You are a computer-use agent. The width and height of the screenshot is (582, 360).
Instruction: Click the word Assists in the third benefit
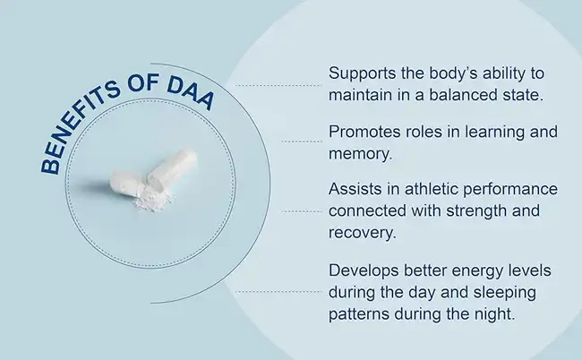pyautogui.click(x=355, y=191)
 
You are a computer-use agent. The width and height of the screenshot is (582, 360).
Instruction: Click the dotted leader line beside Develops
pyautogui.click(x=279, y=292)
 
